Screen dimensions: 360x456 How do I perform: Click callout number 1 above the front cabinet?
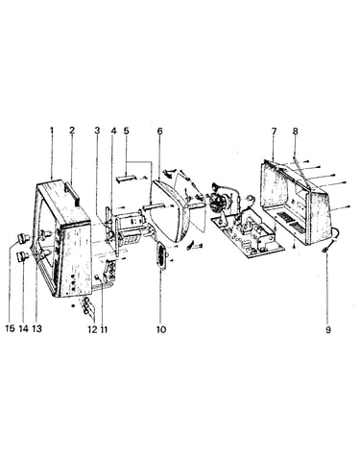(x=52, y=131)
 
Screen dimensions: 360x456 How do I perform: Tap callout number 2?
(x=72, y=131)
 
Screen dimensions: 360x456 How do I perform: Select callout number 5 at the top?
(x=126, y=131)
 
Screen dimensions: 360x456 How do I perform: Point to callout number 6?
(x=159, y=131)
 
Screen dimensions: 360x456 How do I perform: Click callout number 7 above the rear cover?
(x=274, y=131)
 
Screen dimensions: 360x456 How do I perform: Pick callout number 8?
(x=295, y=131)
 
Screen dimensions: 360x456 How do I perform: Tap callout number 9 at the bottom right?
(x=328, y=329)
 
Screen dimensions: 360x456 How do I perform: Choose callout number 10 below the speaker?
(x=161, y=329)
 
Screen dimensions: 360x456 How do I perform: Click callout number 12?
(x=92, y=329)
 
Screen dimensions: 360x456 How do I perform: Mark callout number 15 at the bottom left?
(x=11, y=329)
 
